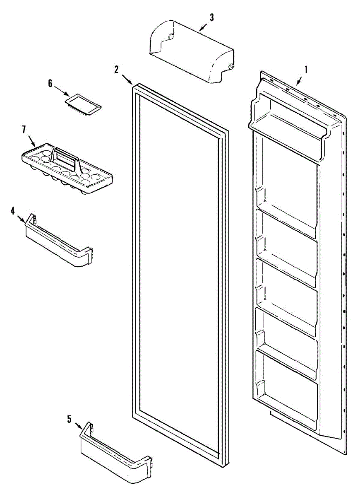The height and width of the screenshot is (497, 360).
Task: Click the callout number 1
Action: (306, 70)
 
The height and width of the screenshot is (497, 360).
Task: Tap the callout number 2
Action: (117, 69)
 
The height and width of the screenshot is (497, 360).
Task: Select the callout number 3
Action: (211, 17)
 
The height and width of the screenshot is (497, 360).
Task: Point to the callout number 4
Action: (13, 211)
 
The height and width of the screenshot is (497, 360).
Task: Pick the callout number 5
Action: (69, 419)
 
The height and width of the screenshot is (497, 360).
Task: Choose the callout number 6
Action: (50, 83)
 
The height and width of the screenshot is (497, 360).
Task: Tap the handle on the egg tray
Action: (66, 159)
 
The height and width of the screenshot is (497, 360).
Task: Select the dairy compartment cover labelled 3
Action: (190, 52)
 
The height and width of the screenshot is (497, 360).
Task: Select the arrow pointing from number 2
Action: (126, 78)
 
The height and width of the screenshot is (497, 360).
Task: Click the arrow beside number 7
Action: (31, 139)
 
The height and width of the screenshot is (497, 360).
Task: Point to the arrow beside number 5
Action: (77, 425)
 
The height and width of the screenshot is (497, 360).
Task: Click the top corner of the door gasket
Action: (134, 85)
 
